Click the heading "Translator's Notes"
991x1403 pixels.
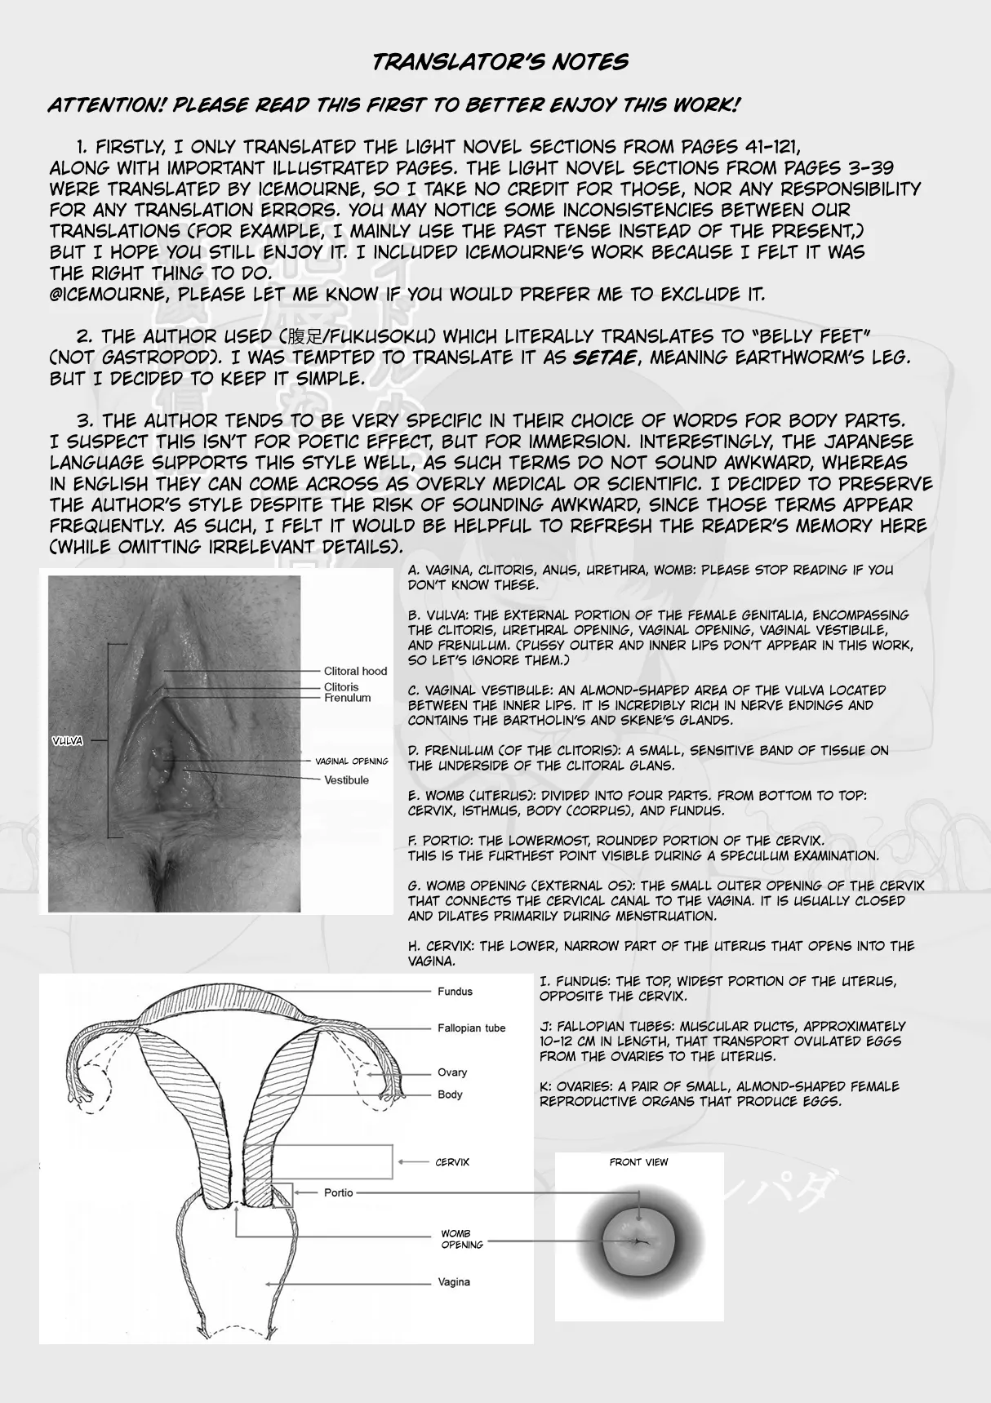(500, 62)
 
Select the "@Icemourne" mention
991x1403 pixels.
(107, 295)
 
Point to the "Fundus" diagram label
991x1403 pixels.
(455, 992)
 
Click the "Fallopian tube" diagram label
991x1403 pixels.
(471, 1028)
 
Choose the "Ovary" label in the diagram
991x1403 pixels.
(452, 1072)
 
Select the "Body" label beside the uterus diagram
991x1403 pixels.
(450, 1094)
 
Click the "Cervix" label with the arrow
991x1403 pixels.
(452, 1162)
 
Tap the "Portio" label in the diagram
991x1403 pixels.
(338, 1192)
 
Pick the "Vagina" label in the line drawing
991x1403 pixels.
(454, 1282)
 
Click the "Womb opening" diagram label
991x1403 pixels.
(462, 1239)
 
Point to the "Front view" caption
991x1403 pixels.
(638, 1162)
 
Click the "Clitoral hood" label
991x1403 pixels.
(355, 671)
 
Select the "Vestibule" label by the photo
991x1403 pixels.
(346, 780)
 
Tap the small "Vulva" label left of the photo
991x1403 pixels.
(67, 741)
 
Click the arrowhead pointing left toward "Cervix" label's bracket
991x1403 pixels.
(401, 1162)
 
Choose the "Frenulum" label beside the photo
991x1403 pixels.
(347, 698)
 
